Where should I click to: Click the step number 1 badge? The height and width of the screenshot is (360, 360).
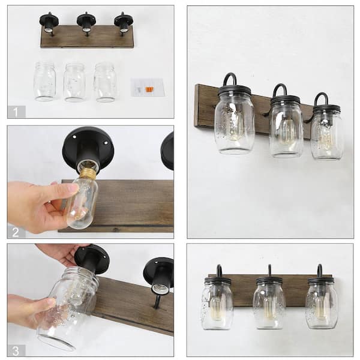(16, 111)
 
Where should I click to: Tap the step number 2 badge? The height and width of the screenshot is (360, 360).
(16, 231)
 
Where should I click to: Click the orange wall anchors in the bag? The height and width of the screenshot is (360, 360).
(146, 89)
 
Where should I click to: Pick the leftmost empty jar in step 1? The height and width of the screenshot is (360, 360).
(44, 82)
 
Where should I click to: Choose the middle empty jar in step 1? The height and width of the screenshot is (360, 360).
(74, 82)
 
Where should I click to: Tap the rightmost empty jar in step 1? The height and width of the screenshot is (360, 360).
(104, 82)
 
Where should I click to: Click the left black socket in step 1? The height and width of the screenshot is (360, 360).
(49, 22)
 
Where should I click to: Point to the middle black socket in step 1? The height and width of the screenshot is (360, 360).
(86, 22)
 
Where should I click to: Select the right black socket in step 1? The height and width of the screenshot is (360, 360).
(124, 22)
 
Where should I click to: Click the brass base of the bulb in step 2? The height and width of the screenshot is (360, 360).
(88, 174)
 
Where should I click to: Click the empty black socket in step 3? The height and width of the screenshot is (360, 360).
(158, 277)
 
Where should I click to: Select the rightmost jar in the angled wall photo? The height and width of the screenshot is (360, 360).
(326, 133)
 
